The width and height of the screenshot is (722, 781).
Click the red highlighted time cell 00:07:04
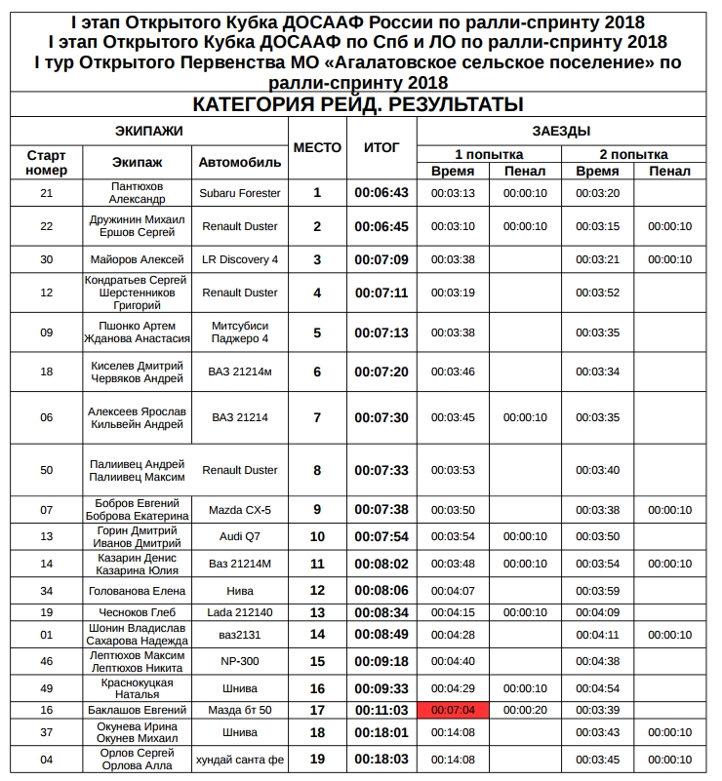coord(453,709)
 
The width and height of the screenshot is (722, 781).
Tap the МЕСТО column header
coord(317,148)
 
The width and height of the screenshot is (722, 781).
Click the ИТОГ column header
coord(381,148)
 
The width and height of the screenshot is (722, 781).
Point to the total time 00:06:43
coord(381,193)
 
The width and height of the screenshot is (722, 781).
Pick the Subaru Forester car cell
coord(239,193)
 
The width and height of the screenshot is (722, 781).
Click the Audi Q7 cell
coord(239,536)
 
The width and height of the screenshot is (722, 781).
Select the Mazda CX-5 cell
coord(239,509)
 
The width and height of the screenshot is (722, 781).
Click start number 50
coord(46,470)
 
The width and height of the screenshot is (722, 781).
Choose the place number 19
coord(317,760)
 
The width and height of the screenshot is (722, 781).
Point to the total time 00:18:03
coord(381,760)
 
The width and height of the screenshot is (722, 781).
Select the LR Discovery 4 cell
coord(239,259)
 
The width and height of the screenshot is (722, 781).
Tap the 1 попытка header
coord(489,155)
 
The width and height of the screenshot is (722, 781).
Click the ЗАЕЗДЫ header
coord(561,132)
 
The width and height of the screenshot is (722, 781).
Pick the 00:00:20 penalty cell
coord(525,709)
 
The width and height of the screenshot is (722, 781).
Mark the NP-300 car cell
coord(239,660)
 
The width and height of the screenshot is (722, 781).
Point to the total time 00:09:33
coord(381,687)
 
